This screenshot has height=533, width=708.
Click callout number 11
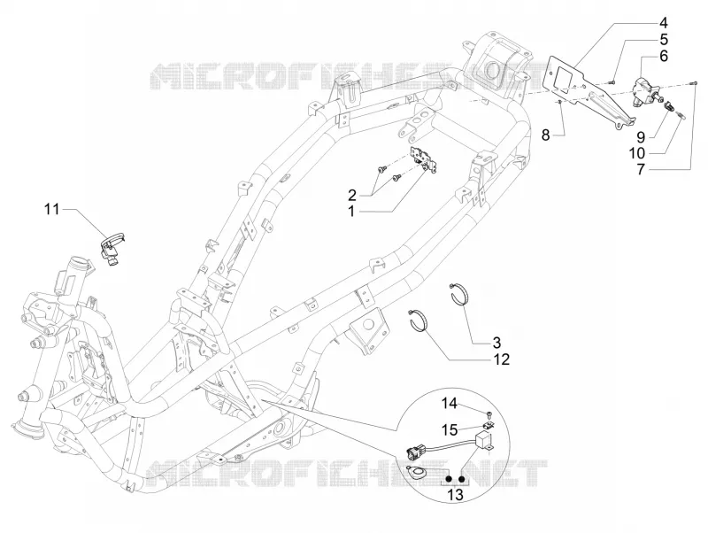coord(51,209)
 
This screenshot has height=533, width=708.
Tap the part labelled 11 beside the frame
coord(112,248)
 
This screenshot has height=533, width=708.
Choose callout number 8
coord(546,135)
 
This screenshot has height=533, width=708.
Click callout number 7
coord(641,169)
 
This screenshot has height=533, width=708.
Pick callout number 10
coord(637,153)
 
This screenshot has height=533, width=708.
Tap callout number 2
coord(352,195)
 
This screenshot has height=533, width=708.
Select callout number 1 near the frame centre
coord(351,212)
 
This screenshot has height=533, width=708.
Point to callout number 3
coord(496,343)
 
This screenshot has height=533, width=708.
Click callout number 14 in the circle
coord(449,403)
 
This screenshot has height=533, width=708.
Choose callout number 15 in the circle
coord(450,429)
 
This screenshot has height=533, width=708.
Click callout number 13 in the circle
coord(456,495)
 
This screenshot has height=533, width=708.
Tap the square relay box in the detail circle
coord(485,440)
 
